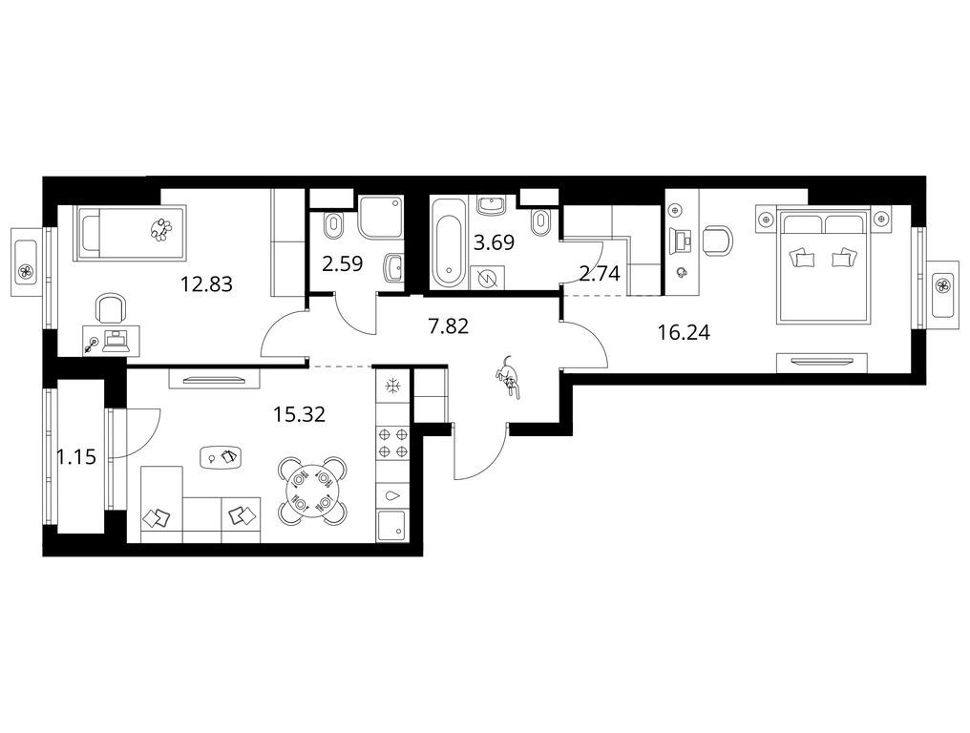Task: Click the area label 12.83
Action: point(206,283)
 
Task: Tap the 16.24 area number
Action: point(684,333)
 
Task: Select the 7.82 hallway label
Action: point(449,325)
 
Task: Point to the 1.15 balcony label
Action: point(76,457)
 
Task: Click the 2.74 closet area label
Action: point(600,273)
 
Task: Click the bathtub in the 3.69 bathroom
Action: point(447,242)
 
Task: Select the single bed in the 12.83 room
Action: point(129,233)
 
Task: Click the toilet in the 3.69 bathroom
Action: point(543,221)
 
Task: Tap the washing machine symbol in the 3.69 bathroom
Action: point(488,278)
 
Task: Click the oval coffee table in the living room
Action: point(221,457)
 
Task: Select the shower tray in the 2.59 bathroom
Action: point(380,217)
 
